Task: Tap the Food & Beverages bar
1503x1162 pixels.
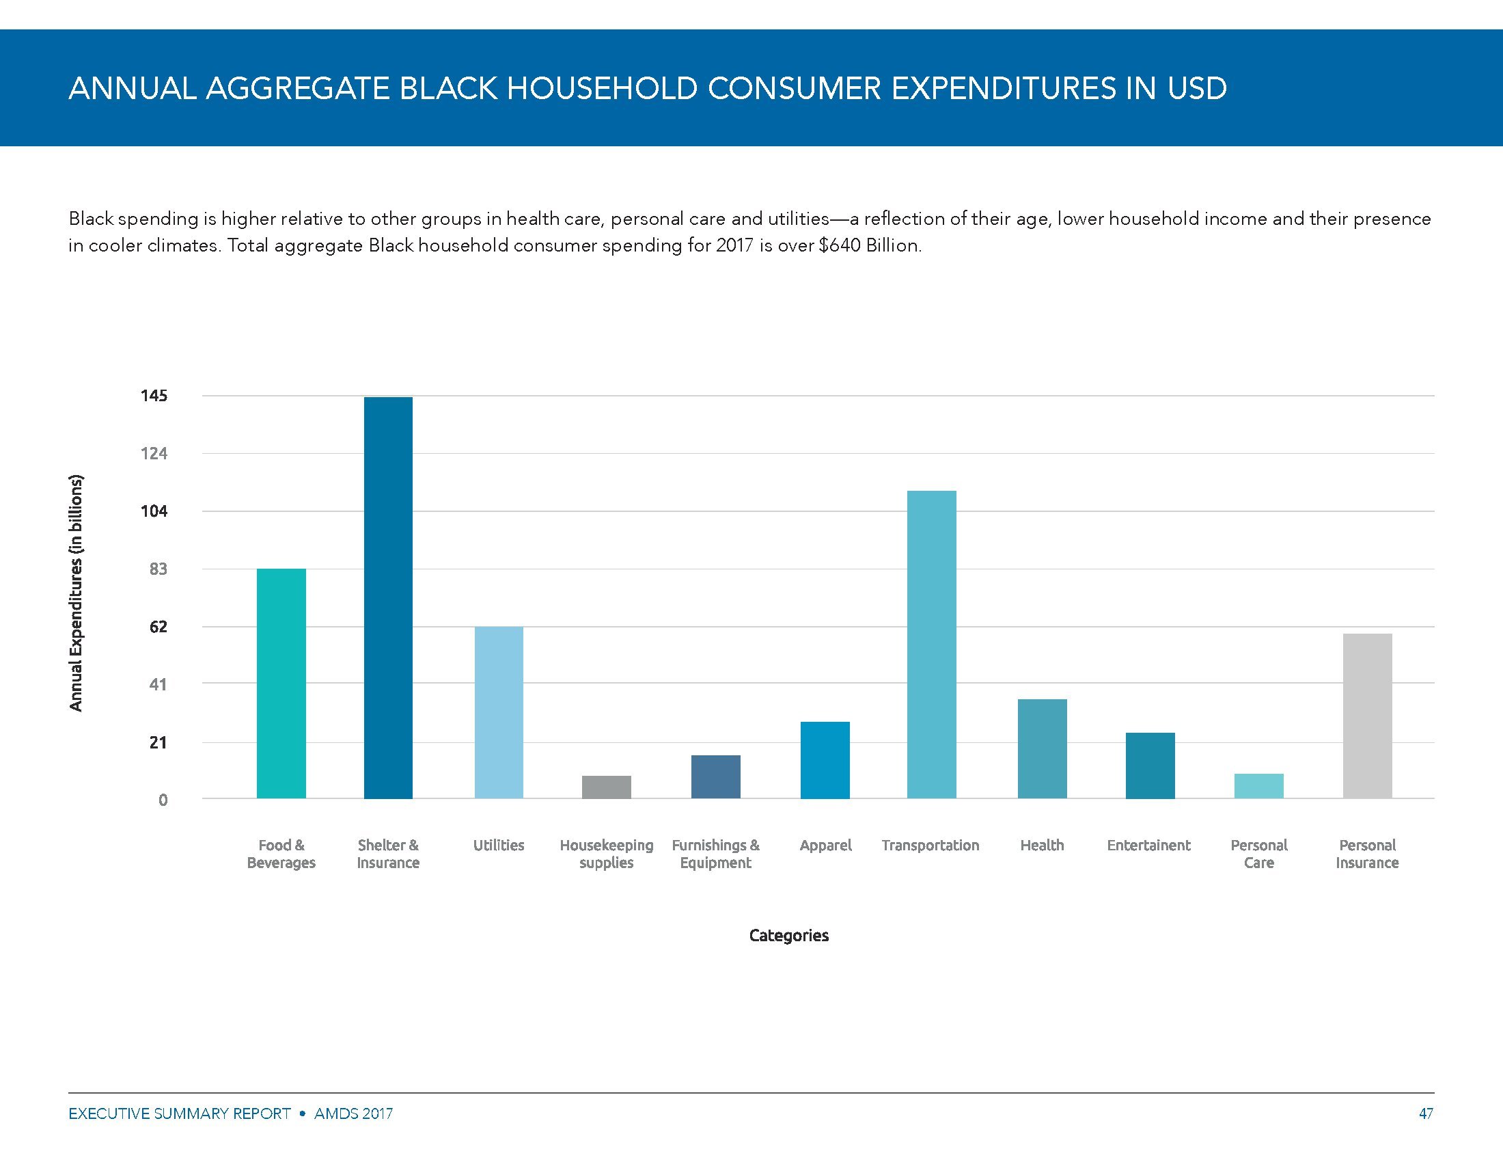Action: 281,684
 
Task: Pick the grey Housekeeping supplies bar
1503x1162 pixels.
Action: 606,787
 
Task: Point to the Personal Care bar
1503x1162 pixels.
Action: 1258,786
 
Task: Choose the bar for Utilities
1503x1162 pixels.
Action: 498,712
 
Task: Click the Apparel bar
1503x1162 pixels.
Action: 825,760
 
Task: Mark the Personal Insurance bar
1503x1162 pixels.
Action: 1368,716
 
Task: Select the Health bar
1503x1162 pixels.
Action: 1042,749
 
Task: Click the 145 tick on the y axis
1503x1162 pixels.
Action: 154,396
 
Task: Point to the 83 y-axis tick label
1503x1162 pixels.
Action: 158,569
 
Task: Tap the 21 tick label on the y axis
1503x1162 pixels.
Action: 158,742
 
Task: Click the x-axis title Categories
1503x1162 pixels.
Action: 788,935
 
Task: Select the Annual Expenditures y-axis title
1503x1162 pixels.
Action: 76,593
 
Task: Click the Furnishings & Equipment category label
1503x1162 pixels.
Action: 716,854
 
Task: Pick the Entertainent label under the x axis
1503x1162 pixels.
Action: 1148,846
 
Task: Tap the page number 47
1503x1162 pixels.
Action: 1426,1113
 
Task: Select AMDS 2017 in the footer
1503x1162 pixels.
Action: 353,1113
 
